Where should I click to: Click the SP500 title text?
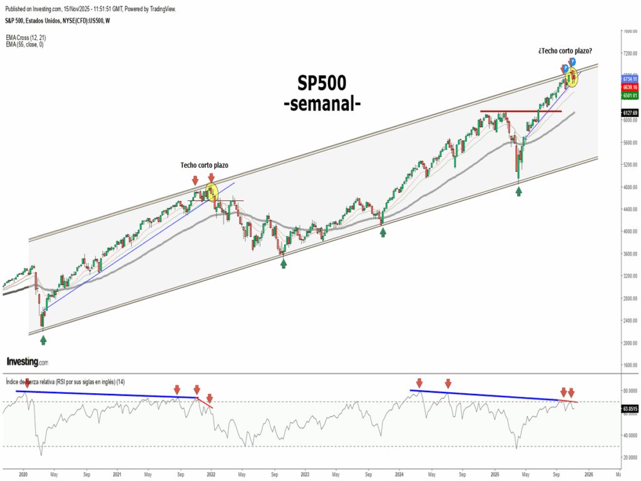321,84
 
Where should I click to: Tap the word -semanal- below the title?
321,103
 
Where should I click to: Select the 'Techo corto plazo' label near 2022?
204,165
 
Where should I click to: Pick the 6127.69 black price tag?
630,113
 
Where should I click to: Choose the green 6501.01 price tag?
630,96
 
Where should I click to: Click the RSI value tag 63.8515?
630,408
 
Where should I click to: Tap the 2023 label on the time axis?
305,474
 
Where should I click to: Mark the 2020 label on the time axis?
23,474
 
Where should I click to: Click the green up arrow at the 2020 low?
43,339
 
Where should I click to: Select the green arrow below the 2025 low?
518,191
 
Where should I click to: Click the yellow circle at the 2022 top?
211,190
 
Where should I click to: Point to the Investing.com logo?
27,362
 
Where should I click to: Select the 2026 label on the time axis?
588,474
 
